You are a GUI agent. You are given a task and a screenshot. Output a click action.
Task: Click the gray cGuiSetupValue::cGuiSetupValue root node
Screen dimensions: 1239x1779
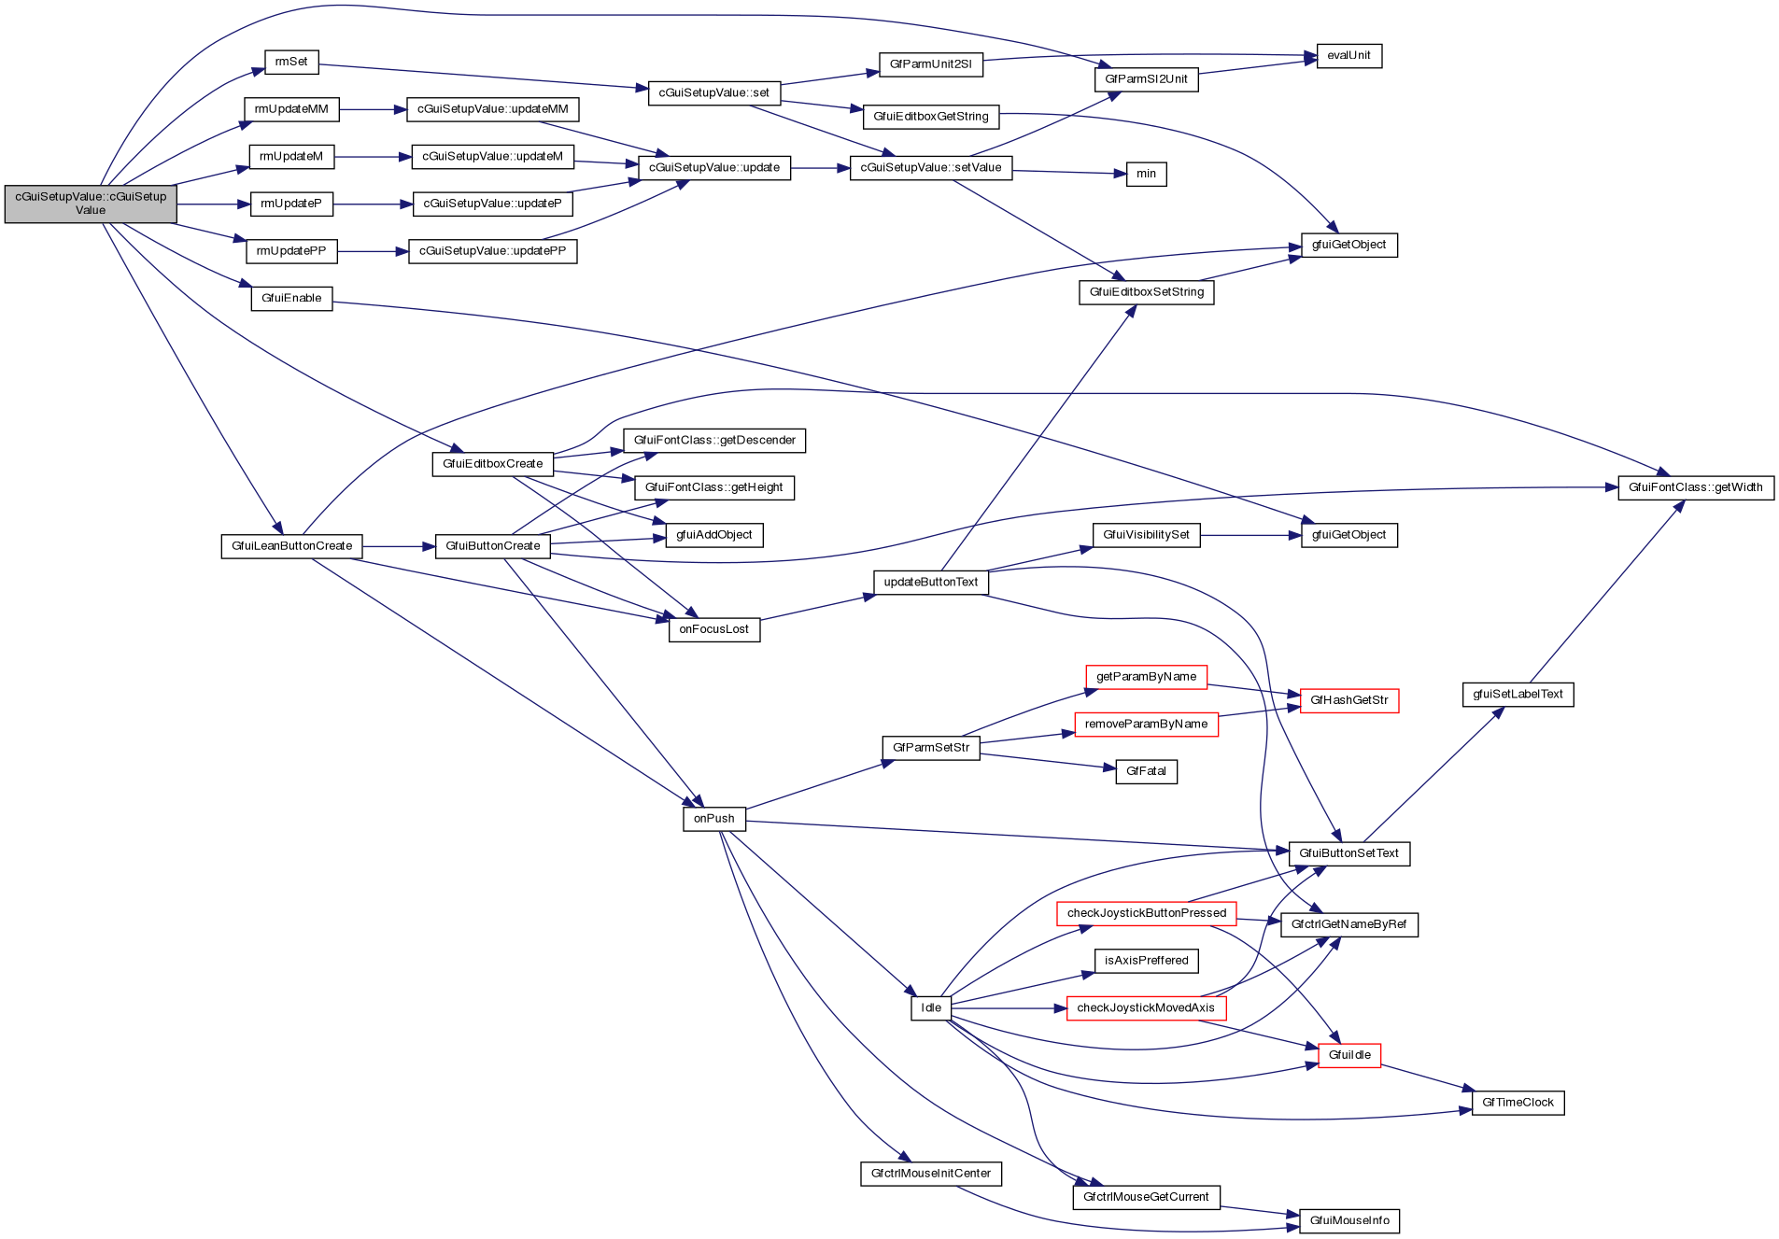click(91, 204)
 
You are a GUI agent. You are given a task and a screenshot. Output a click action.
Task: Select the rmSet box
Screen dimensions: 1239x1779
click(291, 63)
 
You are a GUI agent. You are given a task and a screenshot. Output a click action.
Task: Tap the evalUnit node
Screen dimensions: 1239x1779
click(1348, 56)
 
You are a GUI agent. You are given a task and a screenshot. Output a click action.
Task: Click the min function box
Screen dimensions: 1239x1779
click(1146, 174)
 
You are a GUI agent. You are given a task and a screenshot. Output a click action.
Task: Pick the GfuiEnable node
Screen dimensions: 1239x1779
click(291, 299)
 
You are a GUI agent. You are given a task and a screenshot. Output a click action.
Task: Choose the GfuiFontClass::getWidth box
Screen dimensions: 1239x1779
click(1695, 487)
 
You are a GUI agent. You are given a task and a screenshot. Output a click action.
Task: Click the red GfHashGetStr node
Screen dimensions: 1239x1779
click(1348, 700)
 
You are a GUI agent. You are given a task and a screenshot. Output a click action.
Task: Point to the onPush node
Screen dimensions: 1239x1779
click(713, 819)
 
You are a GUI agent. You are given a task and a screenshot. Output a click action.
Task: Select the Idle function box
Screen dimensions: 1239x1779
click(931, 1008)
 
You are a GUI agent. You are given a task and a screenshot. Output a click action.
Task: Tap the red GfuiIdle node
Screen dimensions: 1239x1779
click(1348, 1055)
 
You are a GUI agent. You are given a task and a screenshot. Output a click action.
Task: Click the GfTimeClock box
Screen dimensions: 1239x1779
click(1518, 1103)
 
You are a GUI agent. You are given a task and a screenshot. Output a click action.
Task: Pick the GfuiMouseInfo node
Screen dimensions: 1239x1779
click(1348, 1220)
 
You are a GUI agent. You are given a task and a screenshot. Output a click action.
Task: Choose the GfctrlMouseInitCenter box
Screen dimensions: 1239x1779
click(930, 1174)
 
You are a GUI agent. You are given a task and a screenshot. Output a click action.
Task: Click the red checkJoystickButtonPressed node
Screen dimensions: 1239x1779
click(1146, 913)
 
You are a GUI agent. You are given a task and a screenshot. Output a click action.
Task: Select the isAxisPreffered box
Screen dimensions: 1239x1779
click(1146, 961)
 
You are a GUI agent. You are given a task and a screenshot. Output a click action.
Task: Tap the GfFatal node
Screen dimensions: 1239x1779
click(1146, 771)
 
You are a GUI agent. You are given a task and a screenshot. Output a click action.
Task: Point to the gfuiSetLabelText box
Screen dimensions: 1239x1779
click(1518, 695)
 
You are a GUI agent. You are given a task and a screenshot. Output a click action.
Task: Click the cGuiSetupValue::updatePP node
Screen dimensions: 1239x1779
click(492, 251)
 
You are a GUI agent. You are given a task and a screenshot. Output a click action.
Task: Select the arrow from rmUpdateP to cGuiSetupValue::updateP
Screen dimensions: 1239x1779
click(373, 204)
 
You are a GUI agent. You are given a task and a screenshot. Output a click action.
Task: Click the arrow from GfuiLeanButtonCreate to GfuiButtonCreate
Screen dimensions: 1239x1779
click(399, 546)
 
